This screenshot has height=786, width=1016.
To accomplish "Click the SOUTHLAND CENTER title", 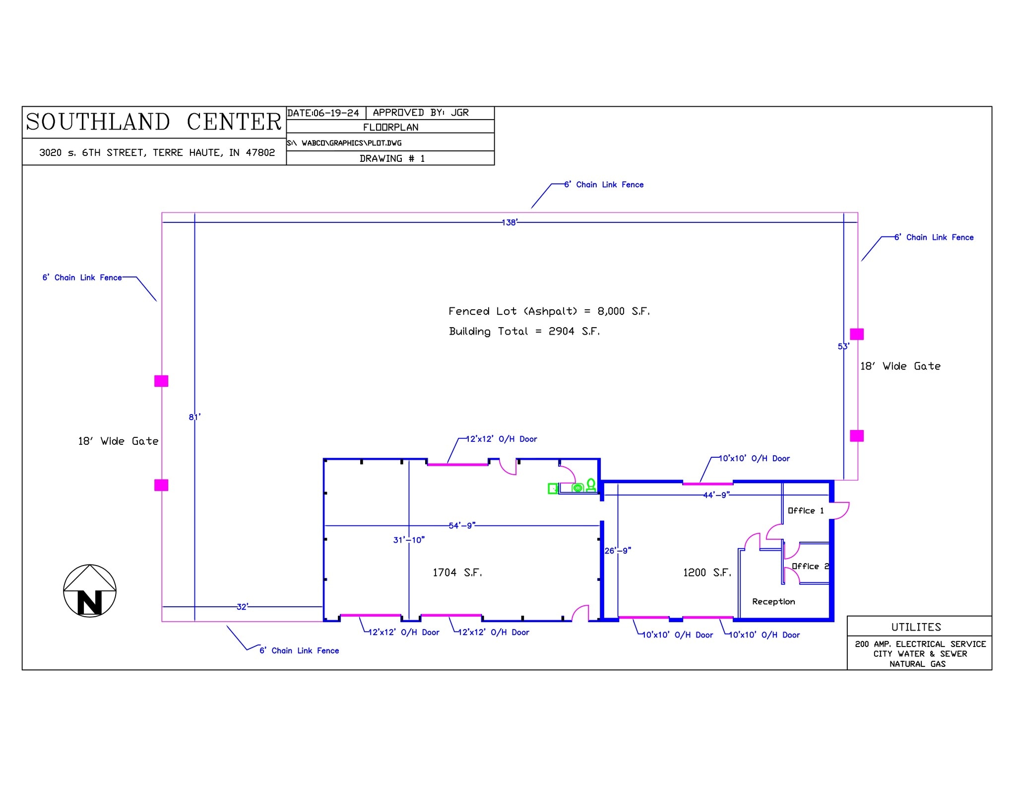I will click(153, 122).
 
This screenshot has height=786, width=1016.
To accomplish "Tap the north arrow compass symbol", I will click(90, 591).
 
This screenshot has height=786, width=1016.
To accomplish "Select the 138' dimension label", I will click(509, 222).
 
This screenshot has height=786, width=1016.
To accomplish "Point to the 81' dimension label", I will click(194, 417).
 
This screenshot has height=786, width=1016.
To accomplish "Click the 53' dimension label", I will click(843, 347).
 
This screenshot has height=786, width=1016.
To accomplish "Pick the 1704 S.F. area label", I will click(457, 573).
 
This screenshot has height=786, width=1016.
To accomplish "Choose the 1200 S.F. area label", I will click(707, 573).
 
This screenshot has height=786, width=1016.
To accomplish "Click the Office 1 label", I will click(806, 511).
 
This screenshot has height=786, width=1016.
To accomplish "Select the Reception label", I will click(773, 602).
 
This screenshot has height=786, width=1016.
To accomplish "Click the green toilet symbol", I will click(590, 485).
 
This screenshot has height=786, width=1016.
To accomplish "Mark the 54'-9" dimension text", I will click(462, 525).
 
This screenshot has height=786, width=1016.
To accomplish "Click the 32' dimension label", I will click(242, 607).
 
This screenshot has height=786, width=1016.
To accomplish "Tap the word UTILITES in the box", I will click(916, 627).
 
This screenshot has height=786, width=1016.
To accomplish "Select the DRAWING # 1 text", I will click(392, 159).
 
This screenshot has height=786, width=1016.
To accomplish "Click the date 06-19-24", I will click(335, 113).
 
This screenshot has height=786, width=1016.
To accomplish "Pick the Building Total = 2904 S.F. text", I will click(524, 332).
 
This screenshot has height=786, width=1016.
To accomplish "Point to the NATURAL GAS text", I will click(917, 664).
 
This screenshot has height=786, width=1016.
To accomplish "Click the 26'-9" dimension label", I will click(618, 551).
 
